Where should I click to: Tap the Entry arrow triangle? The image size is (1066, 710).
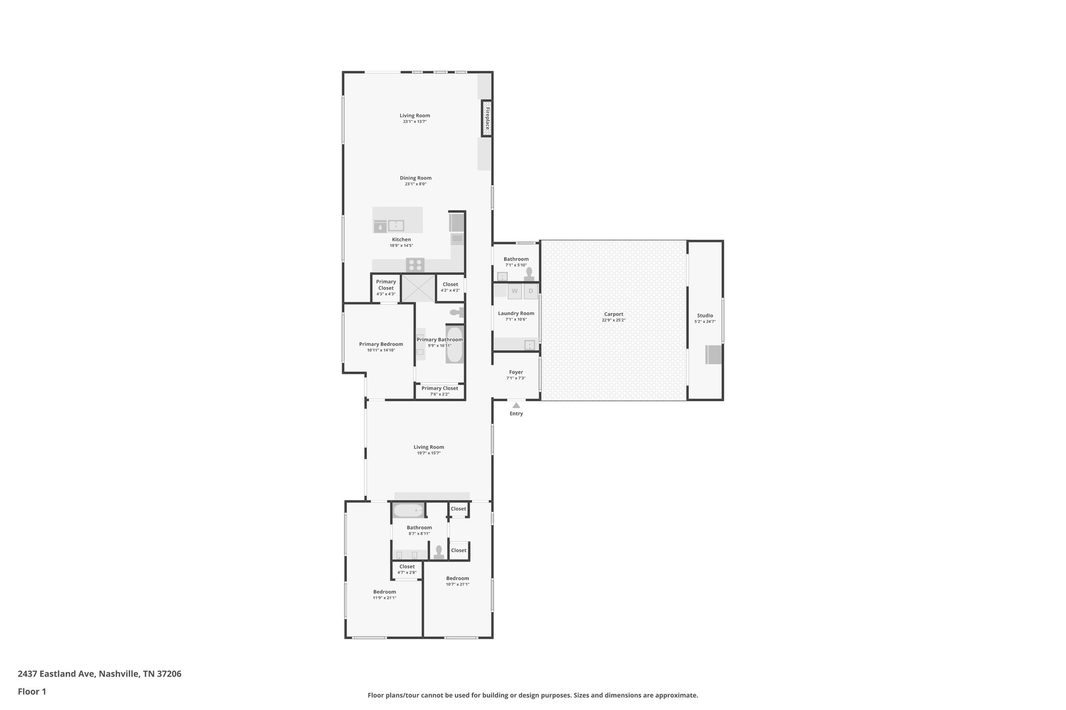[516, 405]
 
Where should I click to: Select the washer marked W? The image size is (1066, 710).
[515, 291]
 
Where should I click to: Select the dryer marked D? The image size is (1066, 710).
[530, 291]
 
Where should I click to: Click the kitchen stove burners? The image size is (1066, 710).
[415, 265]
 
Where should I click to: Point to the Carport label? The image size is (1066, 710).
[613, 314]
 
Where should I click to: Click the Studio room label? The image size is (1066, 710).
[705, 316]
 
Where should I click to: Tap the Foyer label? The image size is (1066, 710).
[516, 372]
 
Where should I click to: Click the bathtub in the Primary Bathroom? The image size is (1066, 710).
[454, 344]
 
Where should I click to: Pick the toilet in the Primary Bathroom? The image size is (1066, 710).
[456, 312]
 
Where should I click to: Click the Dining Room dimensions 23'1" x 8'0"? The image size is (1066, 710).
[415, 184]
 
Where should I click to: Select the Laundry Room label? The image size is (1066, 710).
[516, 313]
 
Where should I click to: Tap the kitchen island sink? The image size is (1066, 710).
[396, 226]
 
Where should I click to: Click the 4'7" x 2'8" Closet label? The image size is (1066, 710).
[407, 567]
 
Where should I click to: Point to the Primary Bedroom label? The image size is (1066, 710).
[381, 344]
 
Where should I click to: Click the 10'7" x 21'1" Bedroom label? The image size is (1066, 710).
[457, 578]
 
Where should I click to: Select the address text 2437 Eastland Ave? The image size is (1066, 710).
[57, 674]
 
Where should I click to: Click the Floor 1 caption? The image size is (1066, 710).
[32, 691]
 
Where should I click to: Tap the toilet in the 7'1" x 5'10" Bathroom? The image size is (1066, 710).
[529, 273]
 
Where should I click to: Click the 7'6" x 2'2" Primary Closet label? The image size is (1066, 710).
[439, 388]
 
